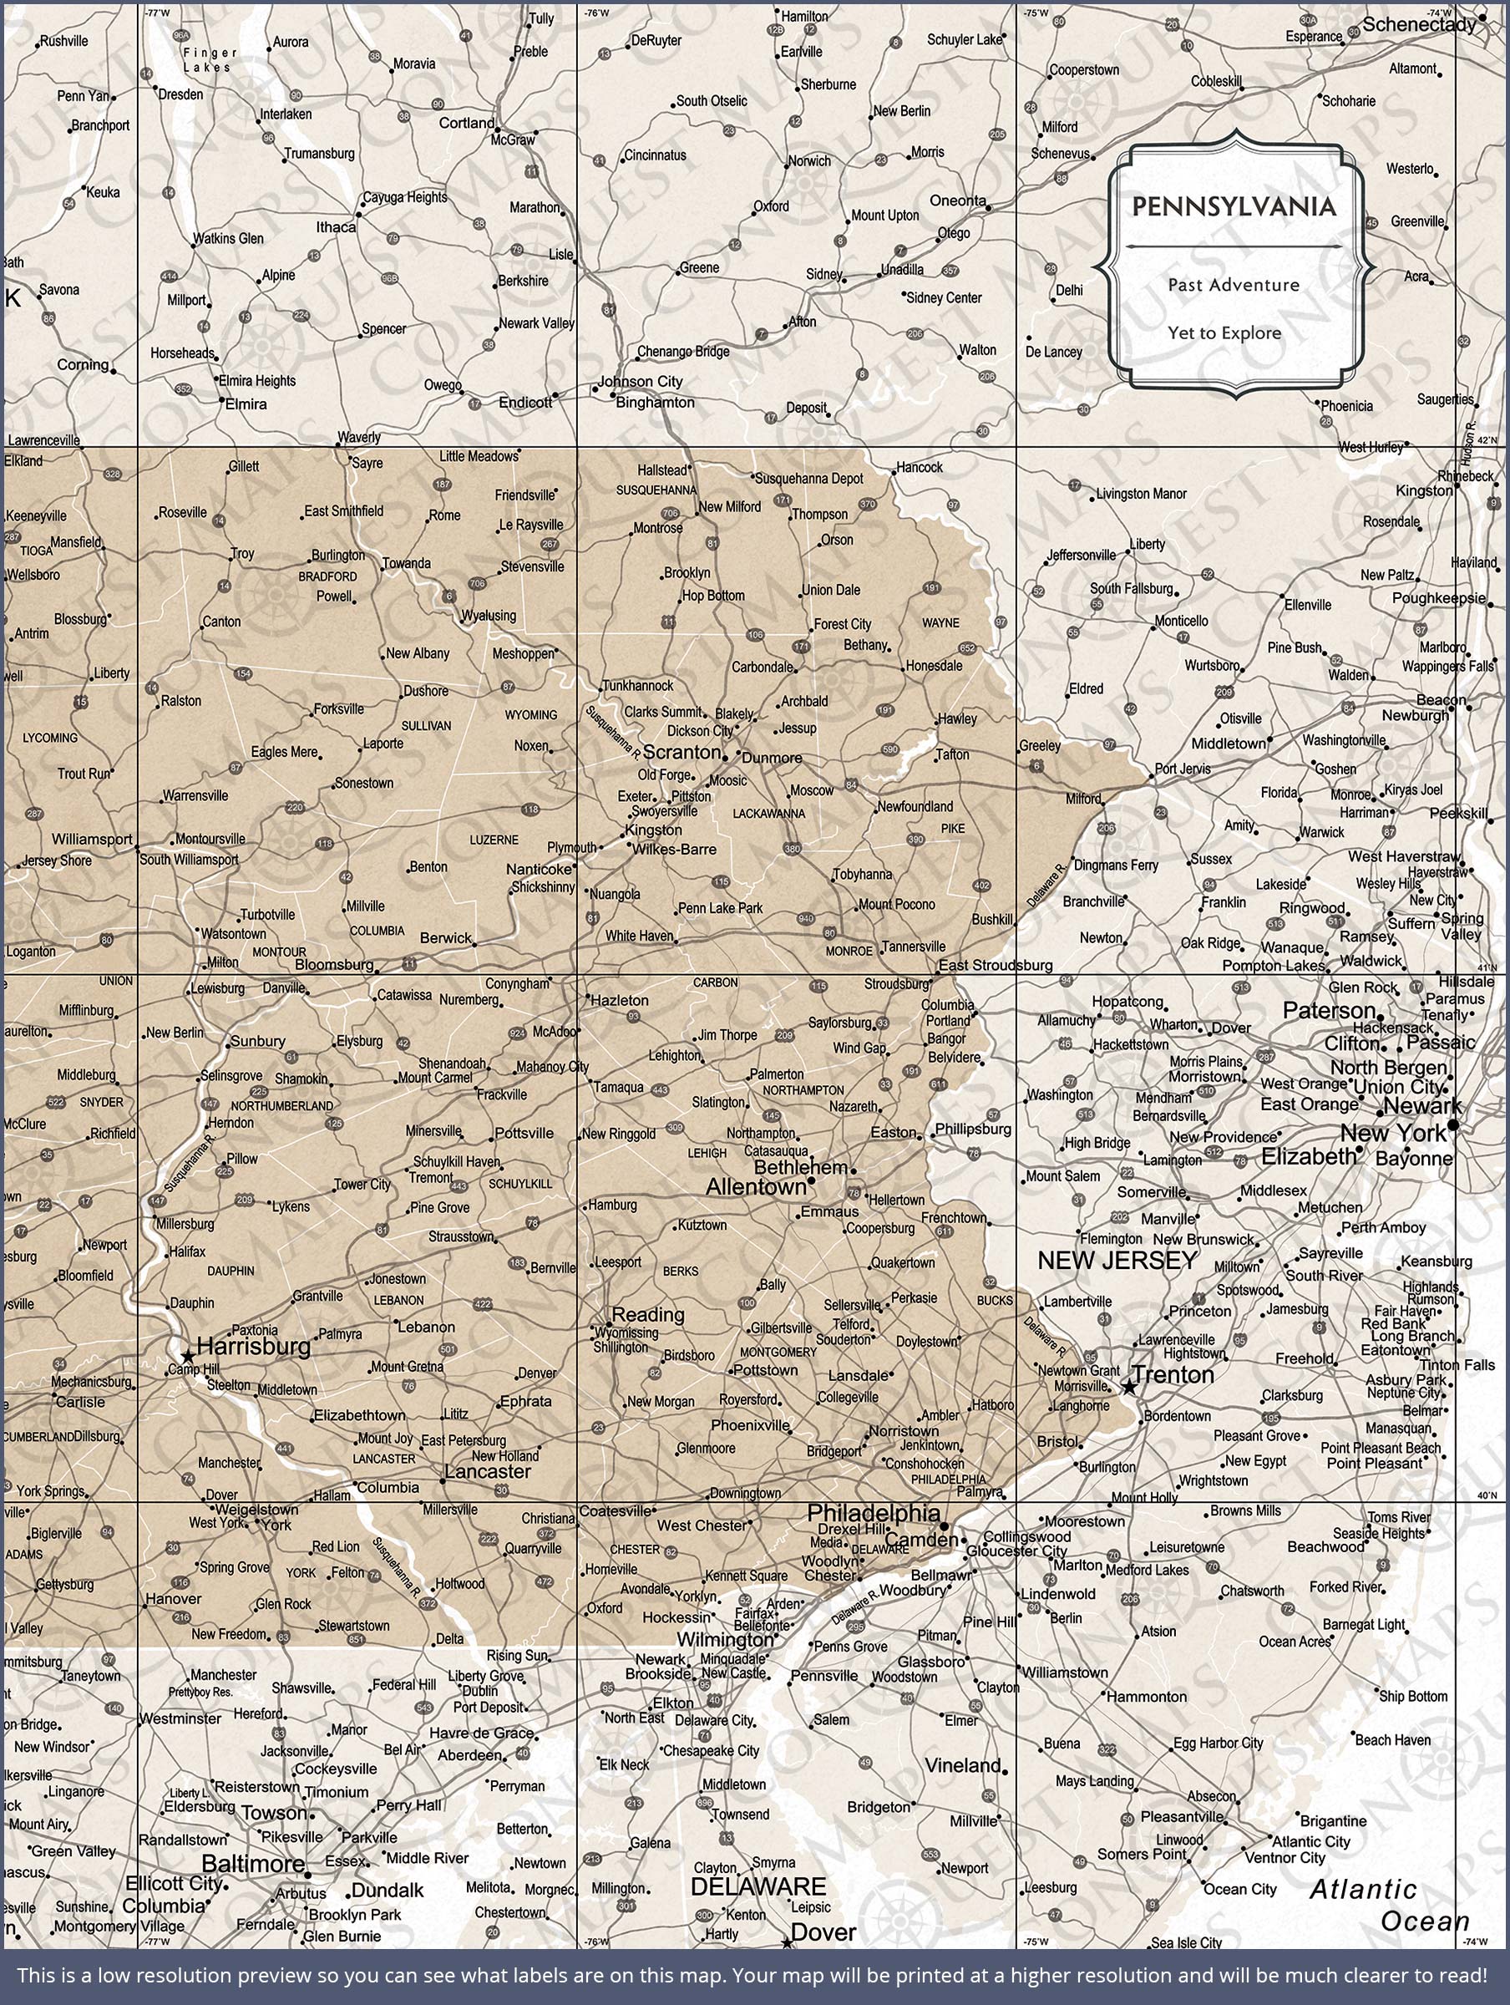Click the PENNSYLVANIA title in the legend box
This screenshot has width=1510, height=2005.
[1234, 207]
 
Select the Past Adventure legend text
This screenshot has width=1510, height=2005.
[1234, 285]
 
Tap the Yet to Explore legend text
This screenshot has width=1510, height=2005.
[1224, 332]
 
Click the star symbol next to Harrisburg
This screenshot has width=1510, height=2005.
[187, 1356]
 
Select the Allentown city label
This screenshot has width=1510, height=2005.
[755, 1186]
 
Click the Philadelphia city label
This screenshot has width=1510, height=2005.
[873, 1512]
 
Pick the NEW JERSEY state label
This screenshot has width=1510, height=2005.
[1117, 1260]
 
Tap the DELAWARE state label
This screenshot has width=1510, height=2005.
[758, 1886]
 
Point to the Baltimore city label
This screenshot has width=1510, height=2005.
[253, 1864]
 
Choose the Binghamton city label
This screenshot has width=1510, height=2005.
[655, 402]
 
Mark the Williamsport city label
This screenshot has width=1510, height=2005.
[92, 840]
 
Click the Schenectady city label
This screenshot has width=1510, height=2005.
[1418, 24]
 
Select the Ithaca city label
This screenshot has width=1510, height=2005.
[336, 226]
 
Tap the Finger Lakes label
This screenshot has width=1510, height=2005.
[210, 60]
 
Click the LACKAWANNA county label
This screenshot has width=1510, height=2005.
[768, 813]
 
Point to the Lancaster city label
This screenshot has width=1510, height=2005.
[488, 1471]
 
